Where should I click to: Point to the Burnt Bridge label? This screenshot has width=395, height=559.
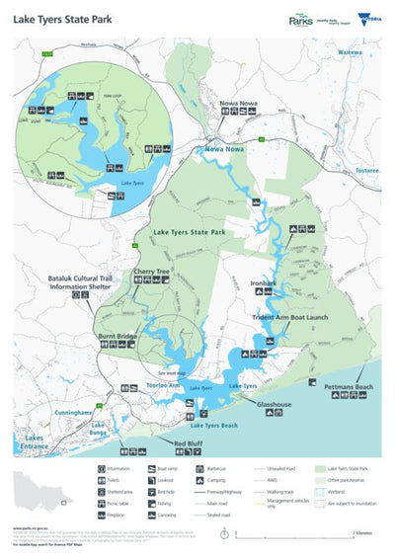tap(117, 336)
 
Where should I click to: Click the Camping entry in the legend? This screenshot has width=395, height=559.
tap(218, 480)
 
